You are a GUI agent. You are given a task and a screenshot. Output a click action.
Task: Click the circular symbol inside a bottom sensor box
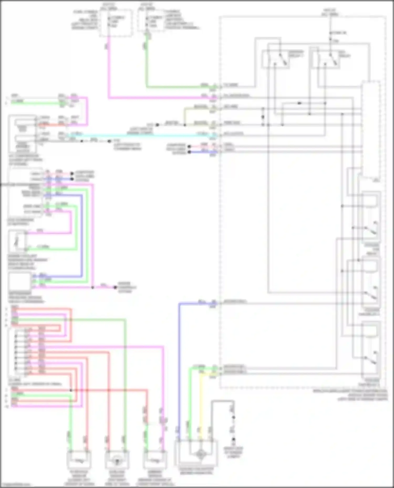[x=117, y=460]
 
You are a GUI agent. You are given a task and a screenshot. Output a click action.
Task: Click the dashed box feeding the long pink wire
[x=116, y=23]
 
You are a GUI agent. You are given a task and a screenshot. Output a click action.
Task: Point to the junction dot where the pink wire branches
[x=92, y=287]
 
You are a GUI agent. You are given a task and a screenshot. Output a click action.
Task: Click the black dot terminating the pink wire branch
[x=115, y=287]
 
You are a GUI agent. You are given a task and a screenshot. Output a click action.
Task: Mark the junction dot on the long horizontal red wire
[x=71, y=390]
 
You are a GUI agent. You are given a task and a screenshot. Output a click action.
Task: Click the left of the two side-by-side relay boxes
[x=275, y=59]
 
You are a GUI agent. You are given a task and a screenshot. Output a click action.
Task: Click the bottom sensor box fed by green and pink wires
[x=155, y=460]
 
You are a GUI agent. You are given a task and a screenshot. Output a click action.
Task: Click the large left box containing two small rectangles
[x=23, y=134]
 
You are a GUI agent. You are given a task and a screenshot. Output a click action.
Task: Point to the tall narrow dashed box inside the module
[x=371, y=130]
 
